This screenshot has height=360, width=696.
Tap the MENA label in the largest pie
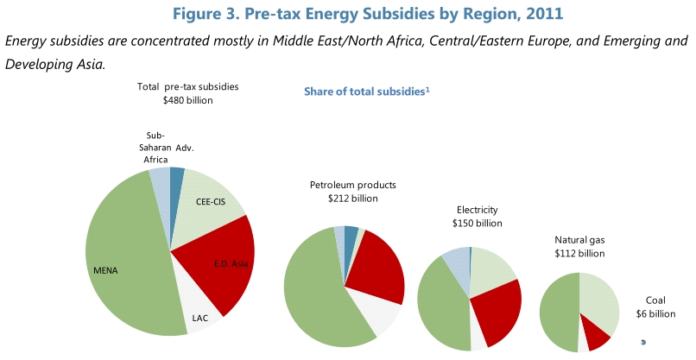coord(105,270)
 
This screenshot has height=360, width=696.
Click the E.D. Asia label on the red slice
coord(230,262)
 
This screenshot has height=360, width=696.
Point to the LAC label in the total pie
coord(199,318)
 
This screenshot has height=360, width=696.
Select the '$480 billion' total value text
coord(187,100)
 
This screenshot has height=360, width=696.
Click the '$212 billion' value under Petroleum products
coord(352,199)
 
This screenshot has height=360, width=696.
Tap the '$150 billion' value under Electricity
coord(477,223)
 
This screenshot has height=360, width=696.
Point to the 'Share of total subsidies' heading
coord(366,92)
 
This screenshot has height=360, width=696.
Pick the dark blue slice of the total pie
coord(177,179)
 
